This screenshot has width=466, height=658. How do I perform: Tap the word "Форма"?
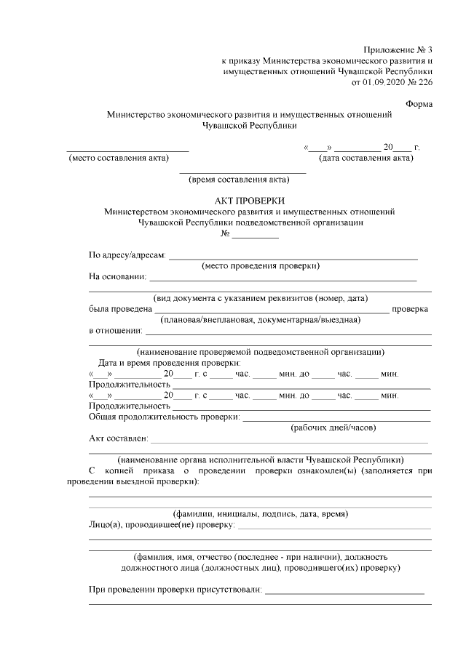[419, 103]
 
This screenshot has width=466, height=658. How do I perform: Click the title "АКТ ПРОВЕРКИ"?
[250, 201]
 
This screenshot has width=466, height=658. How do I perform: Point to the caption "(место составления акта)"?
[118, 158]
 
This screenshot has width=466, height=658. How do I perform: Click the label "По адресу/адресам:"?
[127, 254]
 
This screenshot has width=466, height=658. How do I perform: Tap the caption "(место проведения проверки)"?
[261, 265]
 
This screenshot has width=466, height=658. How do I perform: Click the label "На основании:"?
[117, 276]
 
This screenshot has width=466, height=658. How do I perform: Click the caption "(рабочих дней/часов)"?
[333, 428]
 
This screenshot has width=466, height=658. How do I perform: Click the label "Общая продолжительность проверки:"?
[164, 417]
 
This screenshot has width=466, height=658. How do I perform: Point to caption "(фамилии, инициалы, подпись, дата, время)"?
[260, 513]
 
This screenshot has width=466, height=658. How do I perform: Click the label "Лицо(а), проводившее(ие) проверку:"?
[161, 524]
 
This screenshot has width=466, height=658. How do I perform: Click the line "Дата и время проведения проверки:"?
[170, 363]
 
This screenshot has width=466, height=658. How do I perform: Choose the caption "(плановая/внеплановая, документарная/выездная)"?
[260, 319]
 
